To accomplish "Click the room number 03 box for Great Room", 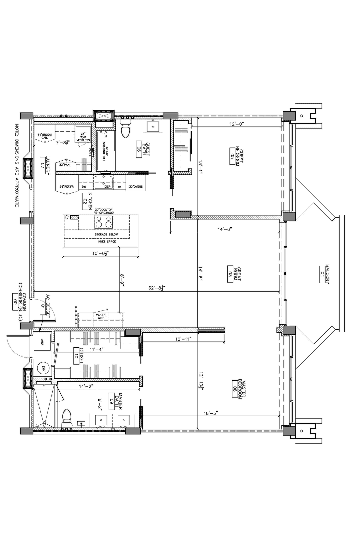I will pyautogui.click(x=230, y=274).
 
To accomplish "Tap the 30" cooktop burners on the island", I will pyautogui.click(x=104, y=222).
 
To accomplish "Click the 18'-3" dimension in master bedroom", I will pyautogui.click(x=210, y=413).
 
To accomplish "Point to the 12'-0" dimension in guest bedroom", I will pyautogui.click(x=237, y=124).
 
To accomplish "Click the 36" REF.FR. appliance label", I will pyautogui.click(x=67, y=187).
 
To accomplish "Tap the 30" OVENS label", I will pyautogui.click(x=136, y=187).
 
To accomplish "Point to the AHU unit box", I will pyautogui.click(x=42, y=342).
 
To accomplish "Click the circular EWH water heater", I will pyautogui.click(x=43, y=368).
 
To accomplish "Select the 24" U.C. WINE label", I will pyautogui.click(x=100, y=317).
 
